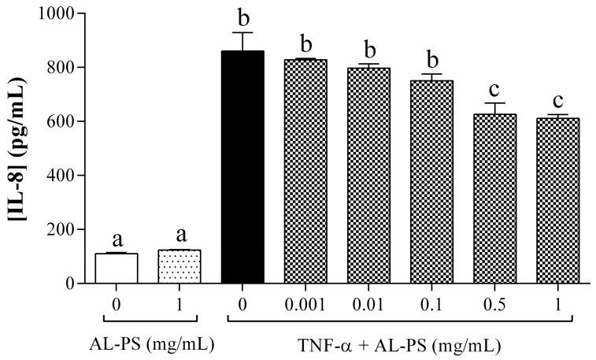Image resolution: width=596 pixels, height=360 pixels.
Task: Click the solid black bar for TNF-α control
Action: point(243,166)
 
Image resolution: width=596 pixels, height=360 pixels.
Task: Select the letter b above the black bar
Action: point(243,17)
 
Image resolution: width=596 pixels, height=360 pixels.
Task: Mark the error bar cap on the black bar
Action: point(243,33)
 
